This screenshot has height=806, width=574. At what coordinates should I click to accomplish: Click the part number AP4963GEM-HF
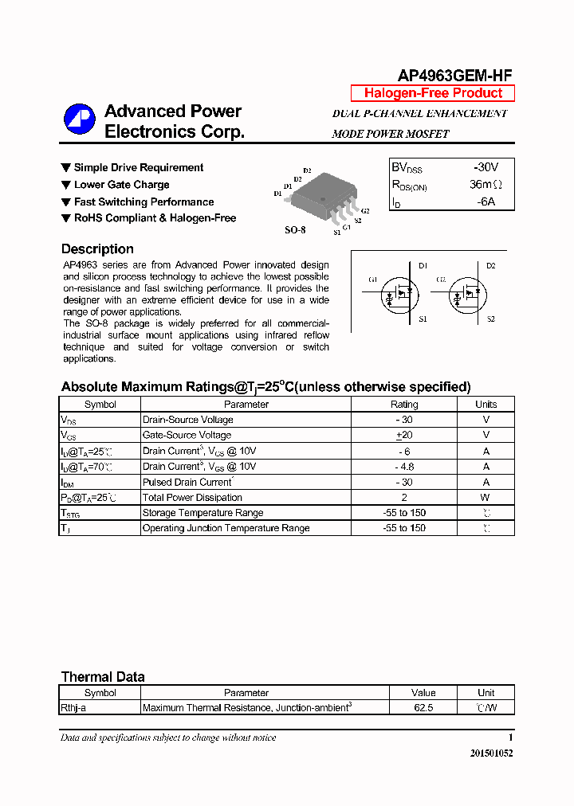454,76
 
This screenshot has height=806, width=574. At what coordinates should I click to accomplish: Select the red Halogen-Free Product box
433,93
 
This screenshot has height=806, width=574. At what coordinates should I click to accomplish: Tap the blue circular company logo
80,120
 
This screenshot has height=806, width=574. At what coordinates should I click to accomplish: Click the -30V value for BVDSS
485,167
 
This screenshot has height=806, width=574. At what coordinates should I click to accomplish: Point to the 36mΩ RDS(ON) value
486,185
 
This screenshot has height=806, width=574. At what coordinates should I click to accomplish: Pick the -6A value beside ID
486,201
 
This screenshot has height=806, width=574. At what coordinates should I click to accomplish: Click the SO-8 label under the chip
295,229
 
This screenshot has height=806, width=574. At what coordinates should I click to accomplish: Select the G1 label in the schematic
372,280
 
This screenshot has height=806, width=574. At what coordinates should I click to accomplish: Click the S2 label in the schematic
490,319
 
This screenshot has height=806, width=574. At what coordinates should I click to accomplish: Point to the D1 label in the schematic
423,265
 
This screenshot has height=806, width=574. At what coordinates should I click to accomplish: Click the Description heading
97,249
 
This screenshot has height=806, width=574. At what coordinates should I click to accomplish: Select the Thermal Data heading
103,677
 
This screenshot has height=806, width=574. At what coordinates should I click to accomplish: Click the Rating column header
403,405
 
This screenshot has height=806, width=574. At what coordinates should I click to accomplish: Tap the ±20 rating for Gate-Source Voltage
403,436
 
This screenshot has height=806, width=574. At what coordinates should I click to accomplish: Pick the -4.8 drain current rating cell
403,467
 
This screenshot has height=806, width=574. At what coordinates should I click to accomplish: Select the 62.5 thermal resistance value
423,707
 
